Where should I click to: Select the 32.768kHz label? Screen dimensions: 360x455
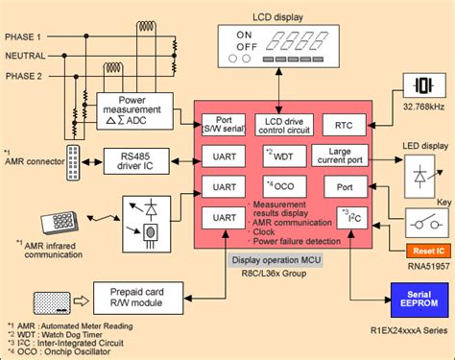[x=419, y=122]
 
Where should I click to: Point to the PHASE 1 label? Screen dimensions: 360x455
[x=27, y=36]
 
